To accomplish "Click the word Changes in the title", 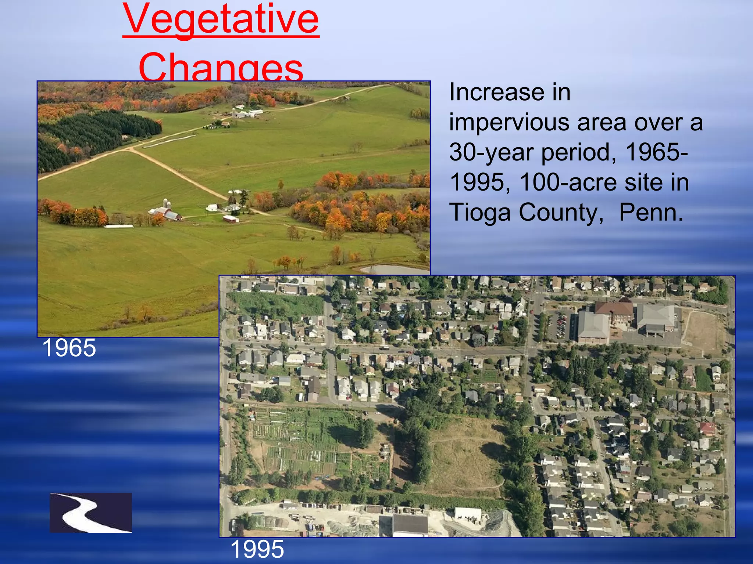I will [x=221, y=68].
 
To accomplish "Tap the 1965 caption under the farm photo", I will [x=69, y=348].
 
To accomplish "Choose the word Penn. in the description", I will [x=651, y=213].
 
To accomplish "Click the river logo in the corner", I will [x=91, y=513].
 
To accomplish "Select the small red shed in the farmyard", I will [x=231, y=219].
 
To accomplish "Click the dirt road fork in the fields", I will [x=131, y=149].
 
